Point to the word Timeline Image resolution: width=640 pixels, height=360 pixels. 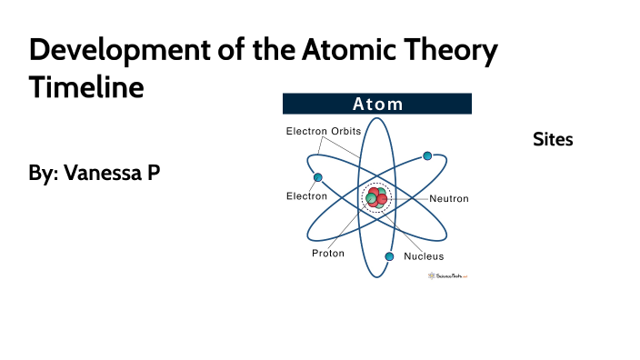tap(86, 89)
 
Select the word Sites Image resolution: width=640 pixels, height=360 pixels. tap(553, 139)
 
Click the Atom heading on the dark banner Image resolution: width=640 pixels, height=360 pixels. tap(377, 104)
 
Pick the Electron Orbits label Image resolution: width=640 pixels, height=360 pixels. tap(324, 132)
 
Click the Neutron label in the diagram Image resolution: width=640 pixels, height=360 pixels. tap(449, 198)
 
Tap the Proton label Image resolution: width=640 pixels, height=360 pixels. tap(328, 254)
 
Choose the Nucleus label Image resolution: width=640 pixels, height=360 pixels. tap(424, 256)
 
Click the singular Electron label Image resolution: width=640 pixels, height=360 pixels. tap(307, 195)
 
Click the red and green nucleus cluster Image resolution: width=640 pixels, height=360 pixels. tap(375, 197)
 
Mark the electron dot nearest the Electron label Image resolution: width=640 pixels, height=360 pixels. tap(318, 176)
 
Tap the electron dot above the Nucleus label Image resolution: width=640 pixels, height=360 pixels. tap(389, 256)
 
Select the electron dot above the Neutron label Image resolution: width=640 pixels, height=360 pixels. tap(426, 156)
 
